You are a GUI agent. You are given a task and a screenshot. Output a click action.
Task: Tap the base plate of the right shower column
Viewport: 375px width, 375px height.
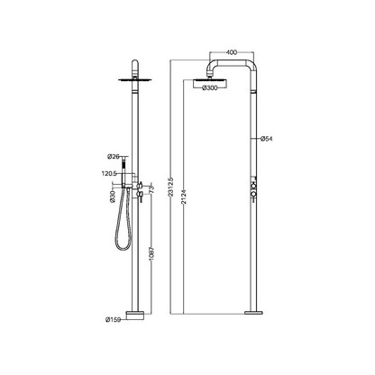tap(253, 313)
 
